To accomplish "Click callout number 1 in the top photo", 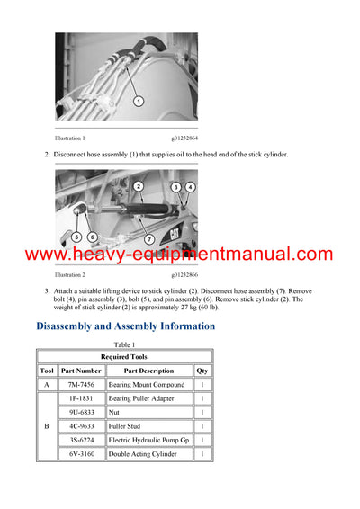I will [x=139, y=102].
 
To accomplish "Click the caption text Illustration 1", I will [x=70, y=138].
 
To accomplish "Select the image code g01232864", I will [x=184, y=138].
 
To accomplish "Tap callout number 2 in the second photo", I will [x=138, y=186].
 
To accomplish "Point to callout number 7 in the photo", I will [x=149, y=239].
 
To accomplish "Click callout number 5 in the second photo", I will [x=76, y=237].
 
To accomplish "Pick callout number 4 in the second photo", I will [x=190, y=187].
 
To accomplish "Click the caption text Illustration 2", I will [x=70, y=274].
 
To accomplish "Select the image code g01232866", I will [x=184, y=274].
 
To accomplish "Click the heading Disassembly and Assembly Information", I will [x=125, y=326].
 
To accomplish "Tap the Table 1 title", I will [x=124, y=345].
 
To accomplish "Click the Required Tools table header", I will [x=125, y=357].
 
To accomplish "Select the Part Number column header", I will [x=81, y=371].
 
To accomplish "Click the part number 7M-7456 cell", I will [x=81, y=384].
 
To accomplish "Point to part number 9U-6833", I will [x=81, y=412].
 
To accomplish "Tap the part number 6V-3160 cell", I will [x=81, y=454].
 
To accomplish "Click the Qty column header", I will [x=202, y=371].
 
